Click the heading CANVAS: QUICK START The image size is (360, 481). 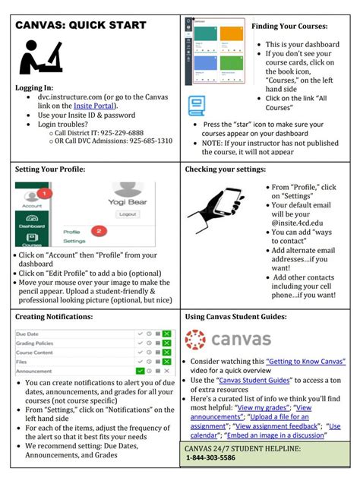[81, 25]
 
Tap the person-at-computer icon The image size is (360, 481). [42, 57]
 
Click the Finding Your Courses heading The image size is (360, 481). [292, 27]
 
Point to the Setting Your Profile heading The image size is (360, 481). [50, 169]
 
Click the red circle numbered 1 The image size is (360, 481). [44, 193]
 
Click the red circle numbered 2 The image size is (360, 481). [96, 229]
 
